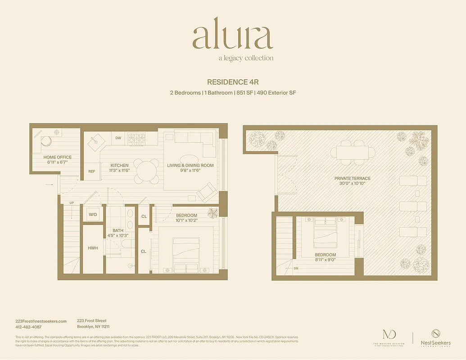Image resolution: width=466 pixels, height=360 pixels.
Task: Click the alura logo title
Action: [233, 37]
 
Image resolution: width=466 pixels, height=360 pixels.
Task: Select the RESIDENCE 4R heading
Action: [233, 82]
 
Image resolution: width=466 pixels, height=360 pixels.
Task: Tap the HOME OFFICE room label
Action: [58, 157]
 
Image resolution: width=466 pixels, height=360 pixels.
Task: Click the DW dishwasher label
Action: [118, 138]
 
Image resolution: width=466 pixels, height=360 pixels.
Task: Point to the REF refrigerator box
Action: [92, 171]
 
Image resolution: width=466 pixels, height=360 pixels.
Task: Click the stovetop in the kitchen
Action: [137, 139]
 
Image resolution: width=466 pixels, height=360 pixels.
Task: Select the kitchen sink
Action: [96, 144]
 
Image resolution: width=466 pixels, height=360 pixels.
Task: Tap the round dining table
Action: [147, 171]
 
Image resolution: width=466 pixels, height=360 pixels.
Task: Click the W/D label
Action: [93, 215]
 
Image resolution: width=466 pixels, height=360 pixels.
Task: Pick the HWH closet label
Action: [93, 248]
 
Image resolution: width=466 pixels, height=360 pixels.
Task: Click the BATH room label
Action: [118, 230]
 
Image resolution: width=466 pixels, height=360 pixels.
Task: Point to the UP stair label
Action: [72, 203]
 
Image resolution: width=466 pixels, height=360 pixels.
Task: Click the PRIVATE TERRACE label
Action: [353, 179]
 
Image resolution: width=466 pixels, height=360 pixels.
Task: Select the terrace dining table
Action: [353, 153]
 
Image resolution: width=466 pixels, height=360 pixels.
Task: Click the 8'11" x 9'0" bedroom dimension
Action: [326, 260]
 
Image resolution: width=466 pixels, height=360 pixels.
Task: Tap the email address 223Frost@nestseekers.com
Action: [41, 321]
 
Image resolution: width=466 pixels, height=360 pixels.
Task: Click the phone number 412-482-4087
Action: [28, 327]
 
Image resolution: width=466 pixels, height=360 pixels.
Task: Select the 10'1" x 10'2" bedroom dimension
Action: [187, 220]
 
